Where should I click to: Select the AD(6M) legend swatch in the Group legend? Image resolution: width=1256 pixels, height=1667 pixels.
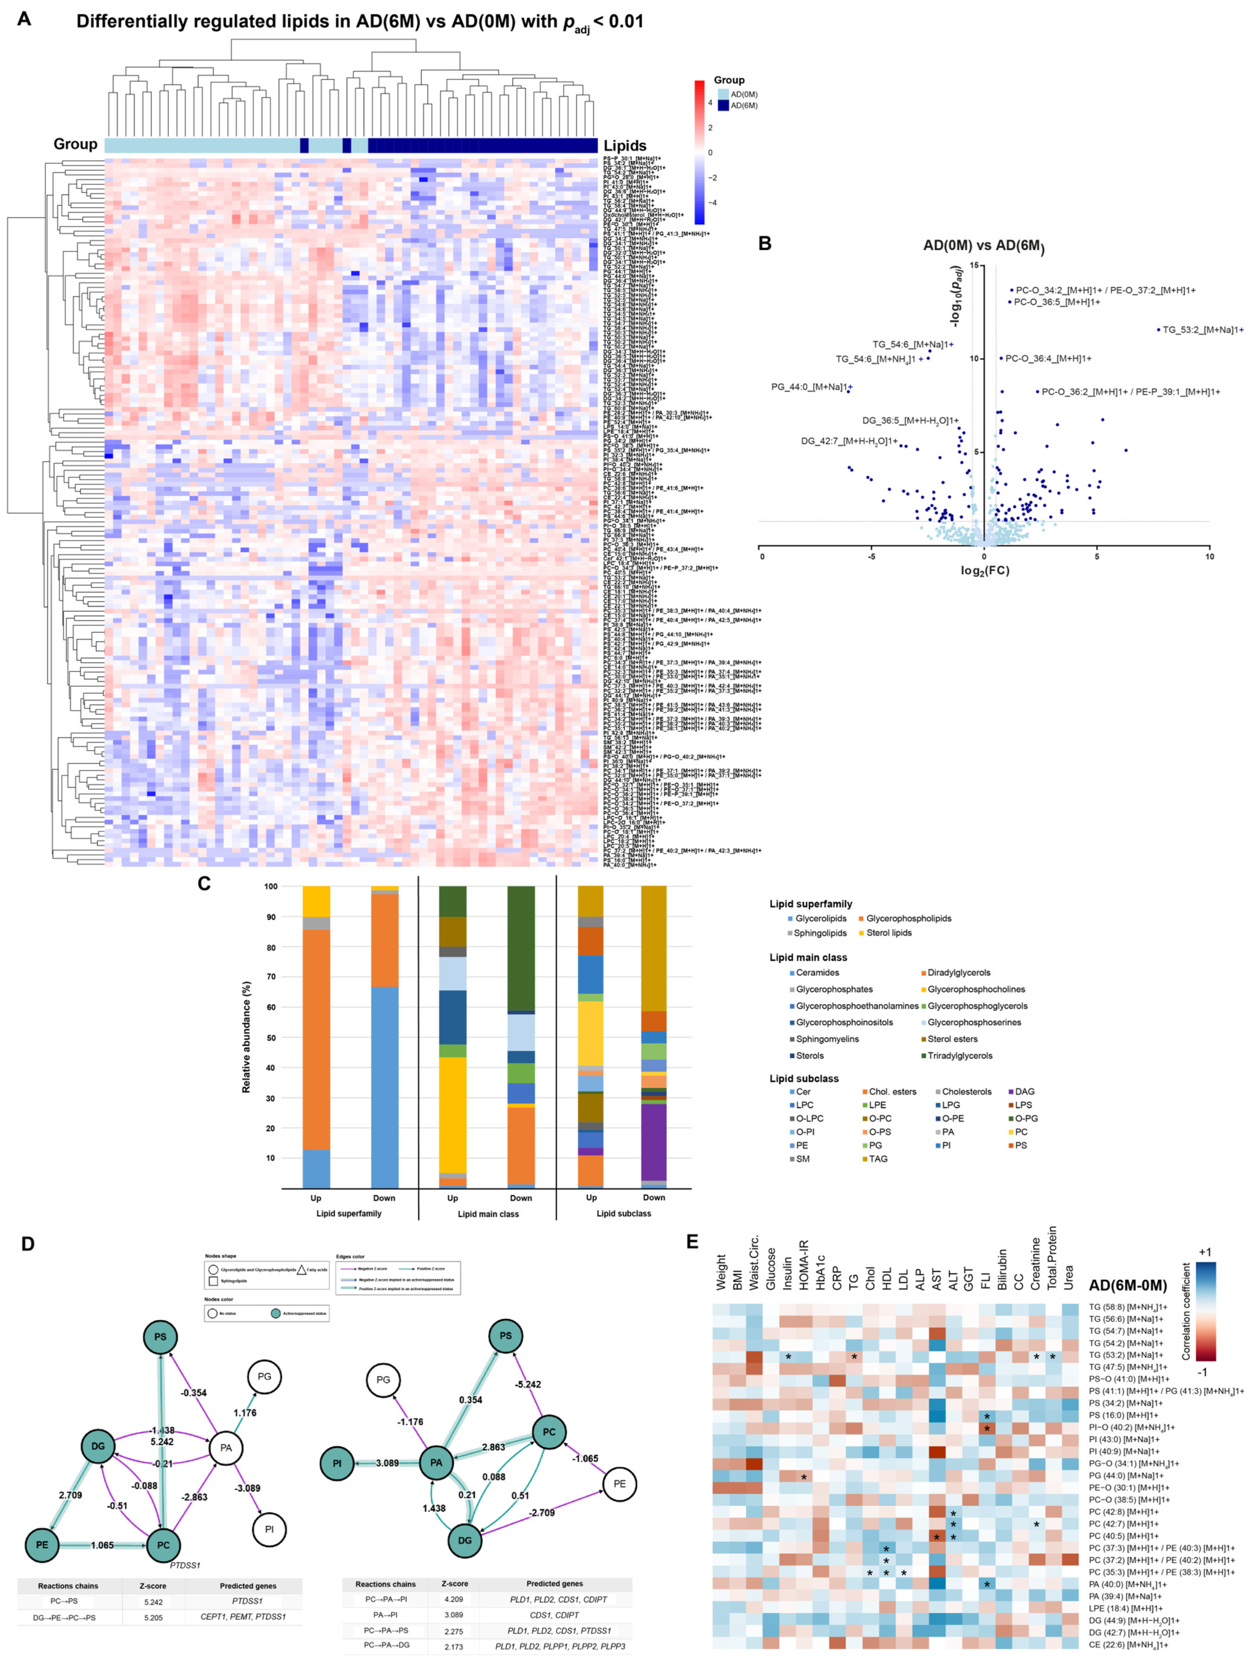tap(723, 105)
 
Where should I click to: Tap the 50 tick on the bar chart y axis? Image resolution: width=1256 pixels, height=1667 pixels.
tap(270, 1038)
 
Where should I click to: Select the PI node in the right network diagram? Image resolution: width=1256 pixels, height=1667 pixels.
tap(337, 1464)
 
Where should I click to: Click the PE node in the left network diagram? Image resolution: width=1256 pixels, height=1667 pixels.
tap(42, 1545)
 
